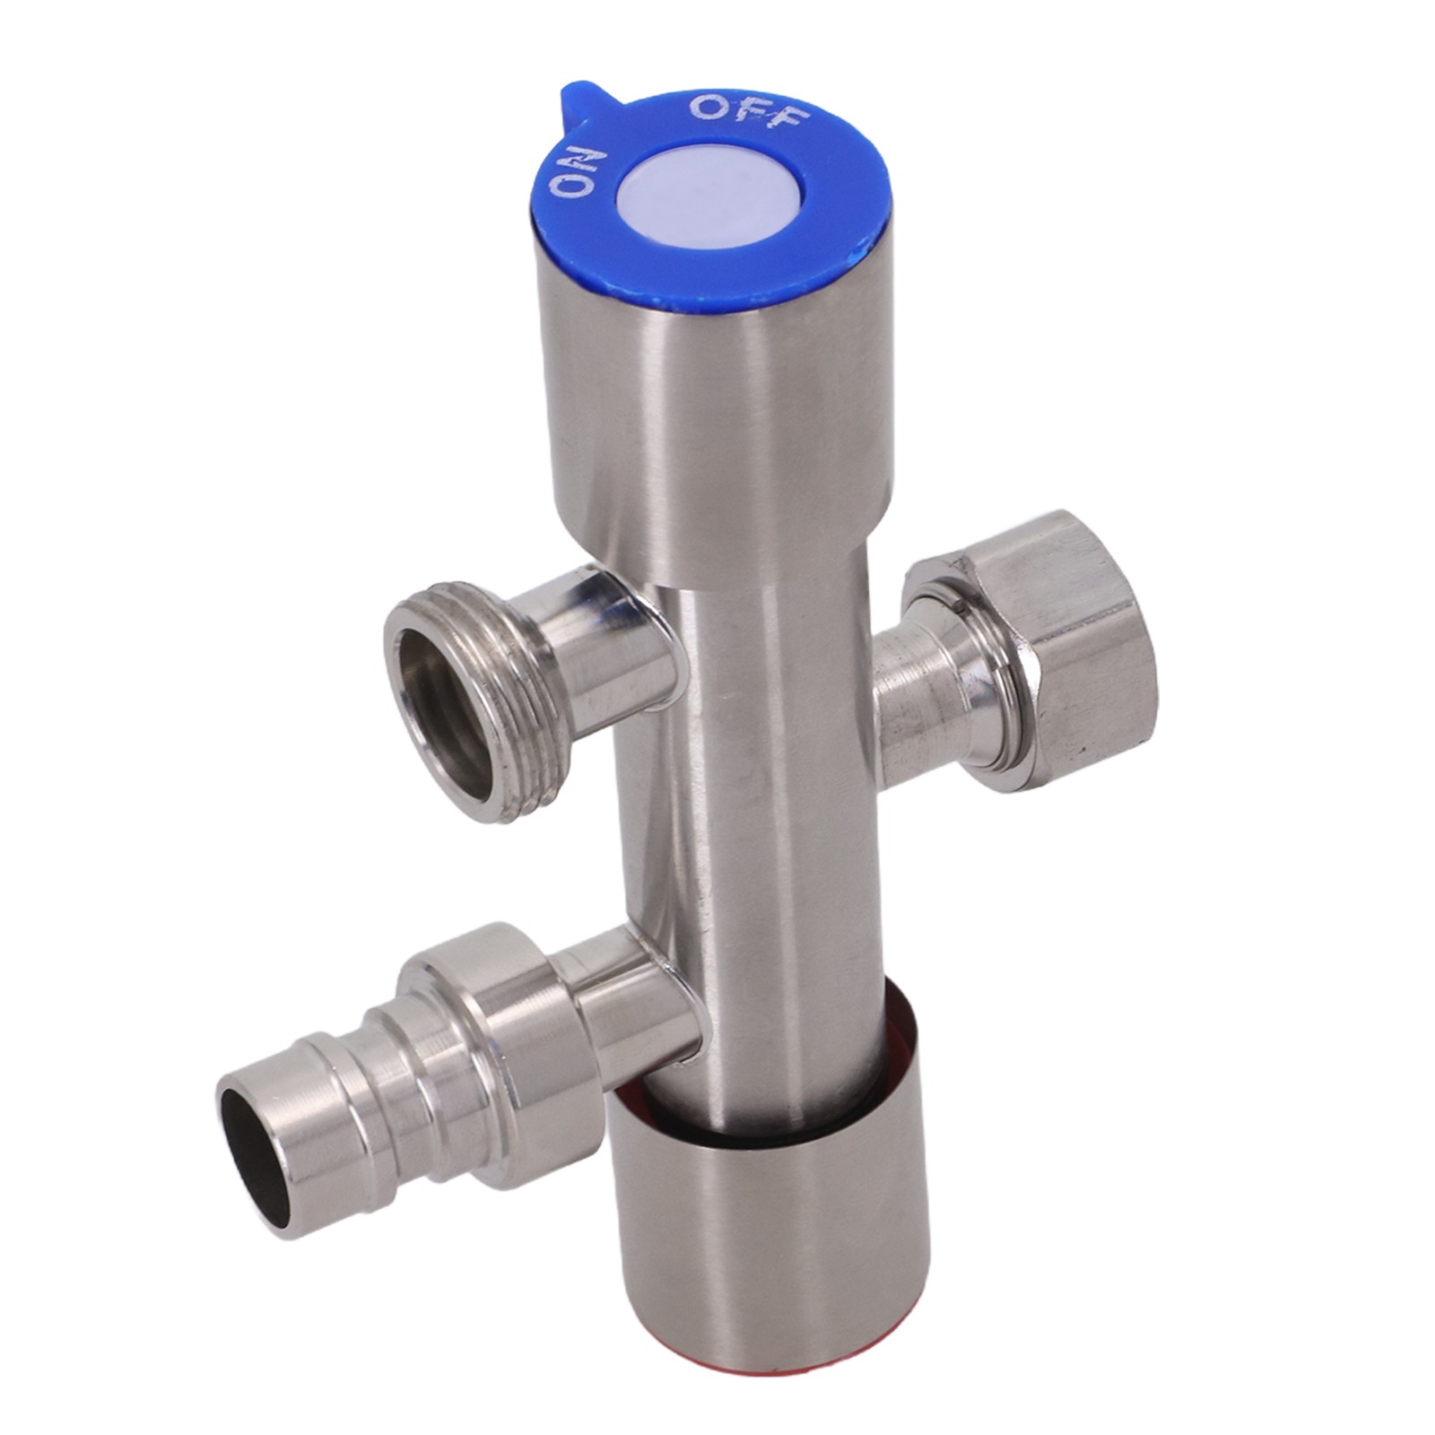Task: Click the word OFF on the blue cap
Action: click(x=751, y=113)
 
